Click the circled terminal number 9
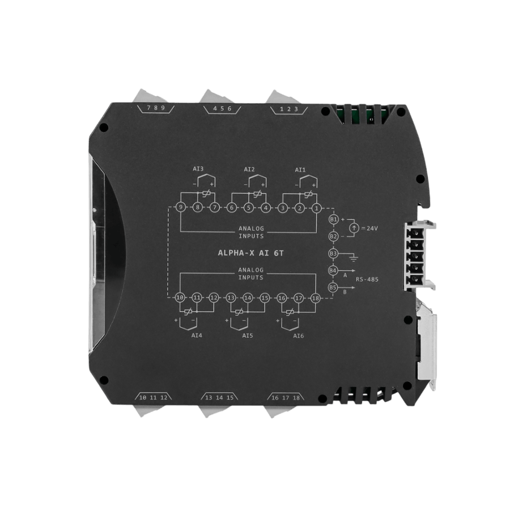click(x=181, y=207)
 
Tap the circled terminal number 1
click(x=316, y=208)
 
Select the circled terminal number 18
click(x=316, y=298)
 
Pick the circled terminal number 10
click(x=180, y=297)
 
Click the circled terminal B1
click(x=333, y=219)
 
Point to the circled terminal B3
click(x=333, y=253)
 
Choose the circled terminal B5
click(x=333, y=287)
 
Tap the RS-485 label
click(x=367, y=279)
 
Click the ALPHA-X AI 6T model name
click(x=251, y=253)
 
